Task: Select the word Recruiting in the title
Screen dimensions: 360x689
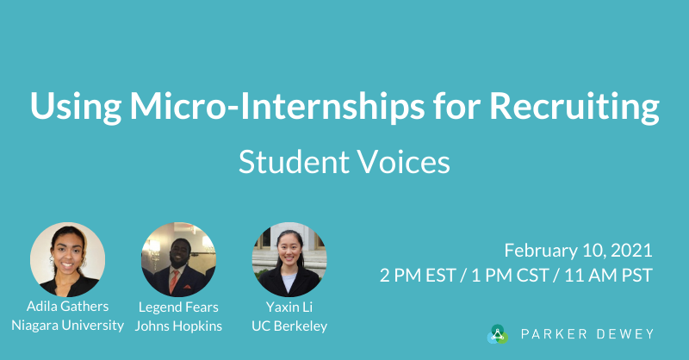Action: pyautogui.click(x=574, y=107)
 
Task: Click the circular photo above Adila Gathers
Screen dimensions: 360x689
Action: pyautogui.click(x=67, y=259)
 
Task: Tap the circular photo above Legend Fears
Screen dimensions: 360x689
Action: pyautogui.click(x=178, y=259)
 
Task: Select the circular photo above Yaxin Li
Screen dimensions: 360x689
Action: pyautogui.click(x=289, y=259)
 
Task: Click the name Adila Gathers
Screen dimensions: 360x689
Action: pyautogui.click(x=67, y=307)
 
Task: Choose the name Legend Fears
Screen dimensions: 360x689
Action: pyautogui.click(x=178, y=307)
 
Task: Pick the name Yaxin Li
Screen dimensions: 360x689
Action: pyautogui.click(x=289, y=307)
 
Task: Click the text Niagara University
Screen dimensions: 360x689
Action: pyautogui.click(x=67, y=326)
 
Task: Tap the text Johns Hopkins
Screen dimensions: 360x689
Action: pyautogui.click(x=178, y=326)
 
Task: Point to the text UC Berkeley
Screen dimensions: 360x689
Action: pyautogui.click(x=289, y=326)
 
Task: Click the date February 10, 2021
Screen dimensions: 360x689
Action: pyautogui.click(x=578, y=251)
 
